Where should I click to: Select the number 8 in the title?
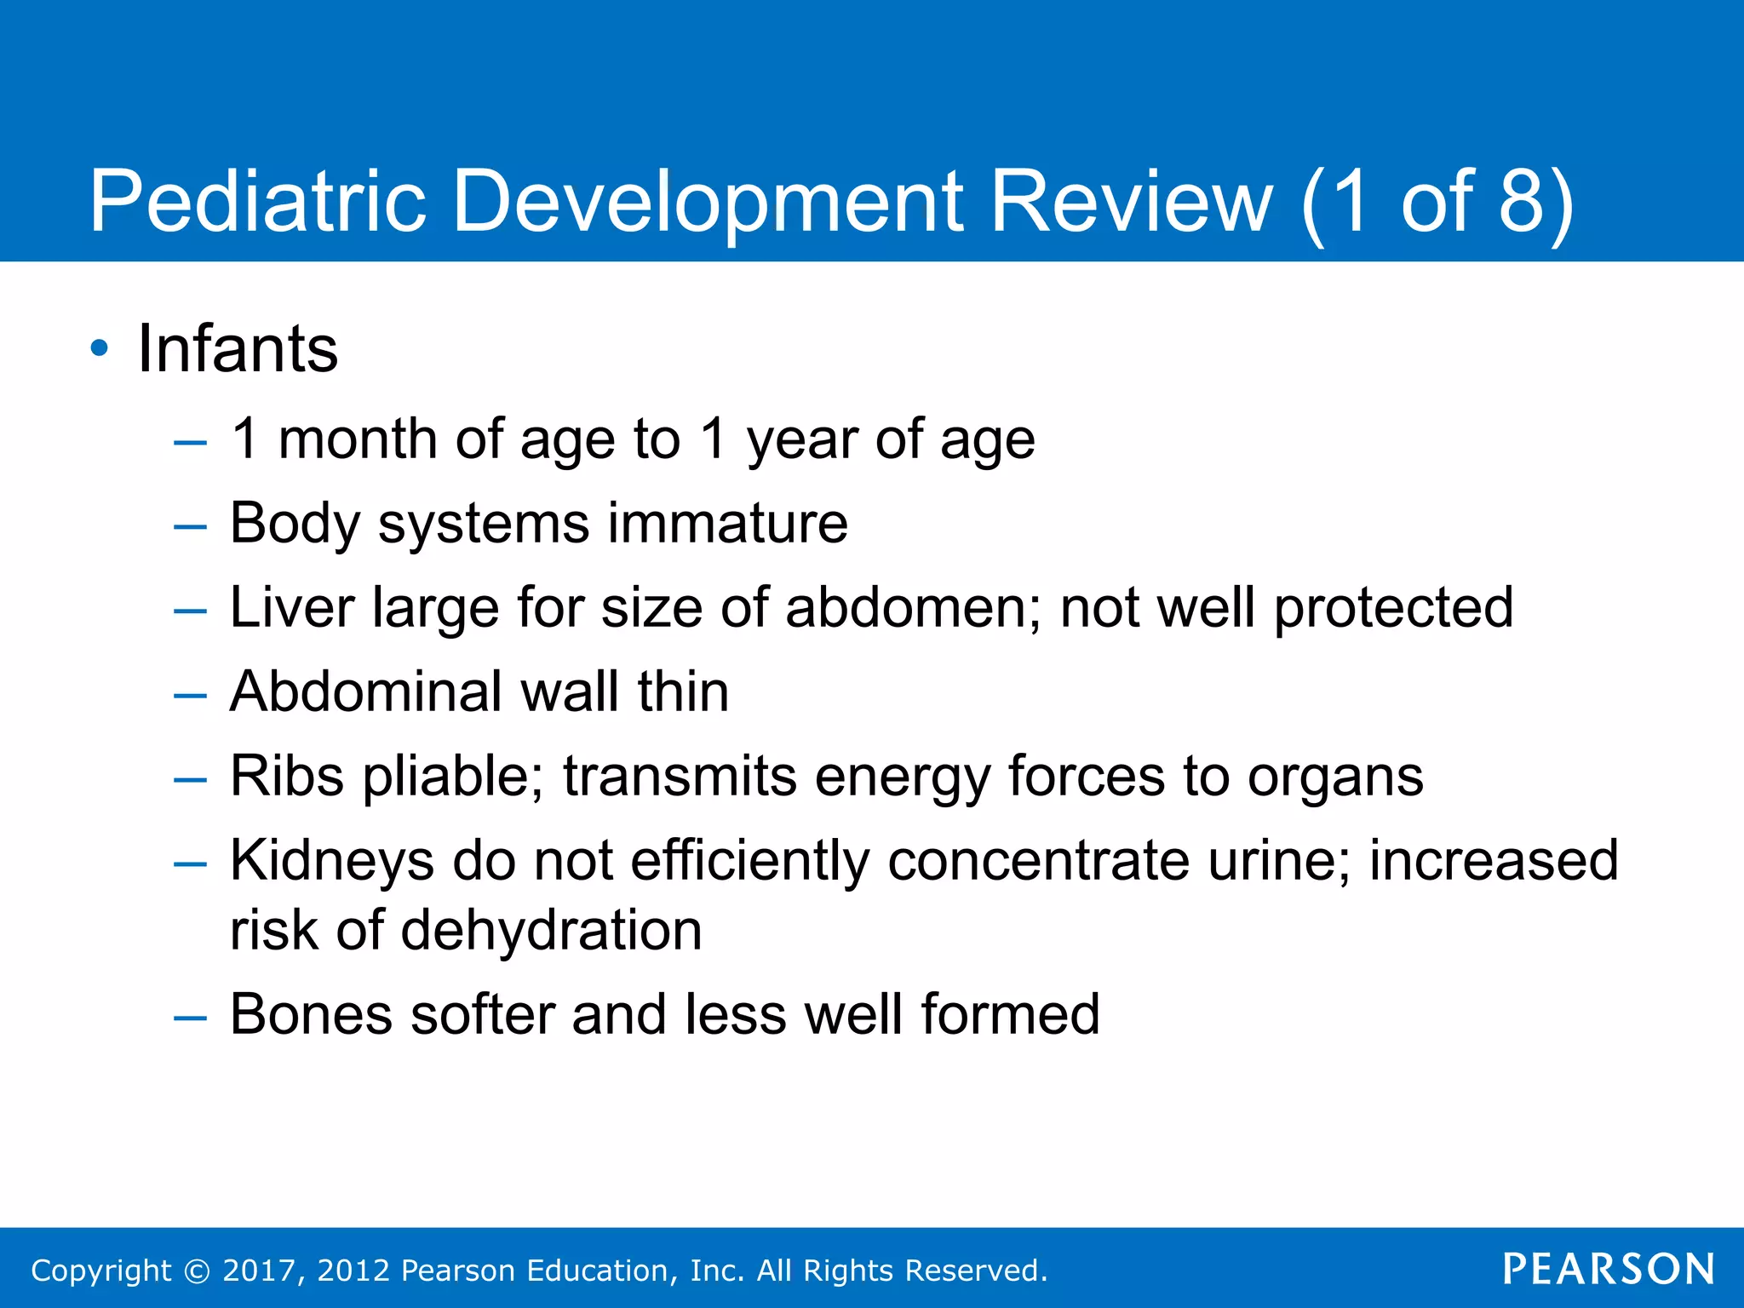pos(1521,201)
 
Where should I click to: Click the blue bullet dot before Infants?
pos(100,348)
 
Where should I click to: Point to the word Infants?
pos(238,348)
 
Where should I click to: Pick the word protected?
pos(1393,609)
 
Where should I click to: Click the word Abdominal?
pos(366,691)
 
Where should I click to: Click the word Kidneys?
pos(332,861)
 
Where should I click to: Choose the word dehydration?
pos(551,930)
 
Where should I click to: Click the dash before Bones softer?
pos(189,1017)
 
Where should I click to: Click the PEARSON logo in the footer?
pos(1608,1270)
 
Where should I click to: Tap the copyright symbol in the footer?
pos(197,1271)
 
